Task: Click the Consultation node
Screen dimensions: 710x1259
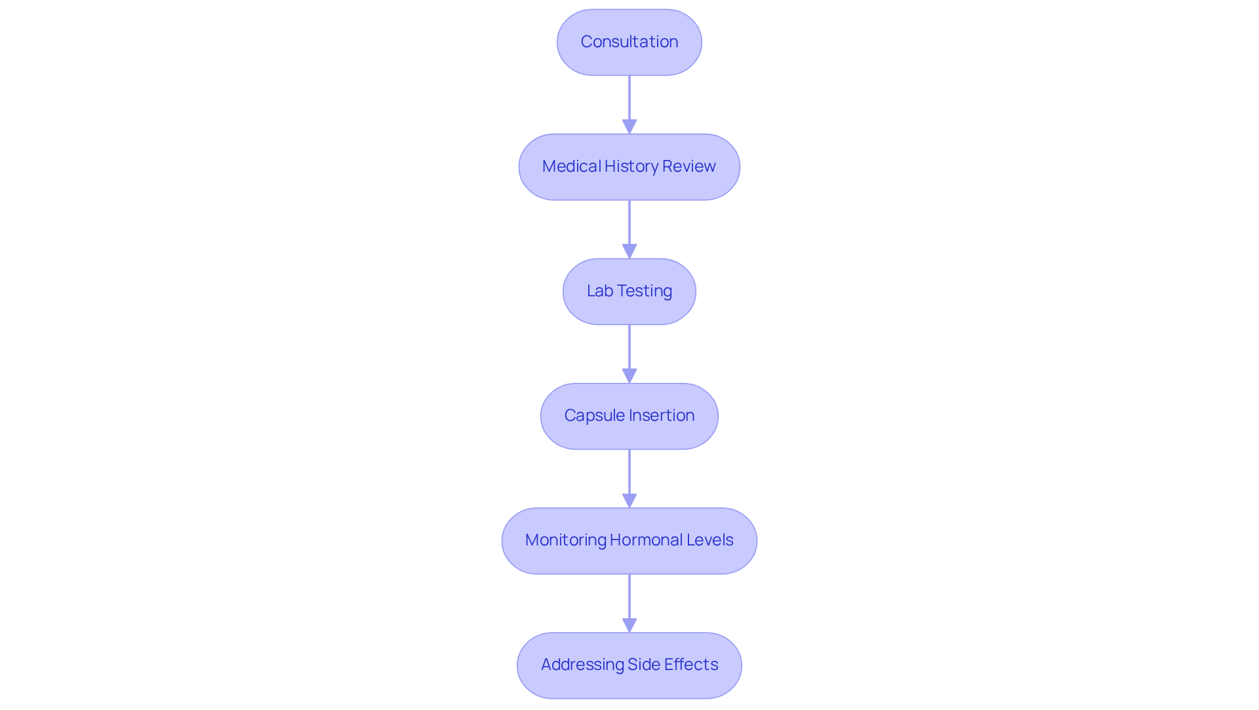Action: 629,42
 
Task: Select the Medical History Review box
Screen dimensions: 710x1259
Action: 629,167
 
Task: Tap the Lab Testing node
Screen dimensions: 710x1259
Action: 629,291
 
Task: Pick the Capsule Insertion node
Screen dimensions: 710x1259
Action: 629,416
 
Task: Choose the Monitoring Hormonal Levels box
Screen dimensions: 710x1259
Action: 629,540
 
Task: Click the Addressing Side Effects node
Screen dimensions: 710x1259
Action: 629,665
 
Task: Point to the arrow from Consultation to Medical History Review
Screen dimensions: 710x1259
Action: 629,102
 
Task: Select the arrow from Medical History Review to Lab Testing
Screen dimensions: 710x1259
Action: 629,226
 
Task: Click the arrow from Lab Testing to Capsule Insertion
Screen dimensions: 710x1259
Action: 629,351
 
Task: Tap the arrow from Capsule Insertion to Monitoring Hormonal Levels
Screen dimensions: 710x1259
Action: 629,475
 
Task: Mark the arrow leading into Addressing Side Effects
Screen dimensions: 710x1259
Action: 629,600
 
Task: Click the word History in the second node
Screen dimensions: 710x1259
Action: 631,167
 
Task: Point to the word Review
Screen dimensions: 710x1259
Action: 689,167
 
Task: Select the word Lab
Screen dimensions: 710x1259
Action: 599,291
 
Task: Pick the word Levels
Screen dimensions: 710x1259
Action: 710,540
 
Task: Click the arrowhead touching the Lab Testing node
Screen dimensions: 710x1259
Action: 629,252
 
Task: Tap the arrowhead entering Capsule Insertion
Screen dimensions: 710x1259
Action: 629,376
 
